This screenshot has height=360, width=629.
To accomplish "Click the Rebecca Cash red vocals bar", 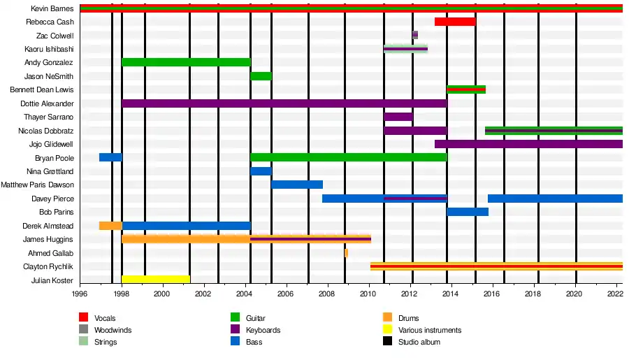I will point(454,22).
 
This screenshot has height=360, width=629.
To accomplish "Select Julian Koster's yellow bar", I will point(156,280).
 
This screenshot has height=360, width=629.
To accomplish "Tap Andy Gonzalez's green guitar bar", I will point(186,62).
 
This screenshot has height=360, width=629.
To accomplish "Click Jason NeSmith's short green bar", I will point(261,76).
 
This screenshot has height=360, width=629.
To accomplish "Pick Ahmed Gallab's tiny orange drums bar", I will point(346,253).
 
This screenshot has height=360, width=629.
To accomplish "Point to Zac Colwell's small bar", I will point(415,35).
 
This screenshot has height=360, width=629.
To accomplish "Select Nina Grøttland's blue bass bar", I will point(261,171).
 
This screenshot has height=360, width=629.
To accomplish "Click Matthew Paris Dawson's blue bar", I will point(297,185).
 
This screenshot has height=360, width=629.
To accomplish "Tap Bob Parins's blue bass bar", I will point(468,212).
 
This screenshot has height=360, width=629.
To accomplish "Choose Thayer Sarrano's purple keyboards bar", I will point(398,117).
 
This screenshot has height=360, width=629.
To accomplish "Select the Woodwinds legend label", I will point(113,330).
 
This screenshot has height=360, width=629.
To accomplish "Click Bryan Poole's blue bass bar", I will point(110,157).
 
